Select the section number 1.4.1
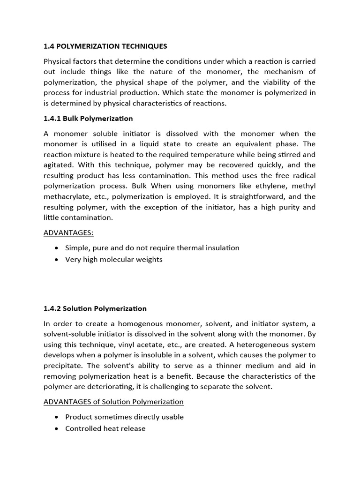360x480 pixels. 52,118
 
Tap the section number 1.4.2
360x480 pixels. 52,308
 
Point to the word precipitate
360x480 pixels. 63,366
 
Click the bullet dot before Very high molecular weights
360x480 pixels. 57,260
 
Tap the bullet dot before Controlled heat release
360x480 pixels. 57,429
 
